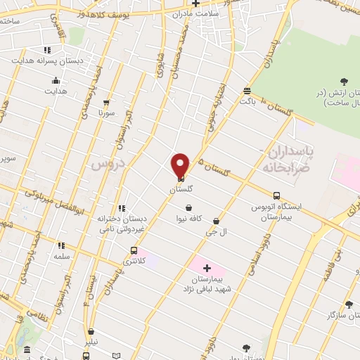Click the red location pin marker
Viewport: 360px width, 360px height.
pos(181,165)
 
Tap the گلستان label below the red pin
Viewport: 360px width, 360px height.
pos(181,189)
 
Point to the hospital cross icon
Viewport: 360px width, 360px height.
pos(207,268)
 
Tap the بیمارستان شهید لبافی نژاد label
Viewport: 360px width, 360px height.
pos(212,283)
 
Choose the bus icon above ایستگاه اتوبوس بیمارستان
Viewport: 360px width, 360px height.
pos(276,196)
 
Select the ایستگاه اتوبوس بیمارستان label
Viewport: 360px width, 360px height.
pos(276,213)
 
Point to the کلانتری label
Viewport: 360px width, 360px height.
pos(135,262)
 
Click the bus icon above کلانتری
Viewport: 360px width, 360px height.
pos(134,250)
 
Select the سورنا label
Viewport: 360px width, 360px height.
pos(105,112)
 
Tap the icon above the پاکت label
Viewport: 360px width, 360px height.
pos(246,90)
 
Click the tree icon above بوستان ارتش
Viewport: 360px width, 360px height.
pos(343,83)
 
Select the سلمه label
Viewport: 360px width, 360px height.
pos(63,257)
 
